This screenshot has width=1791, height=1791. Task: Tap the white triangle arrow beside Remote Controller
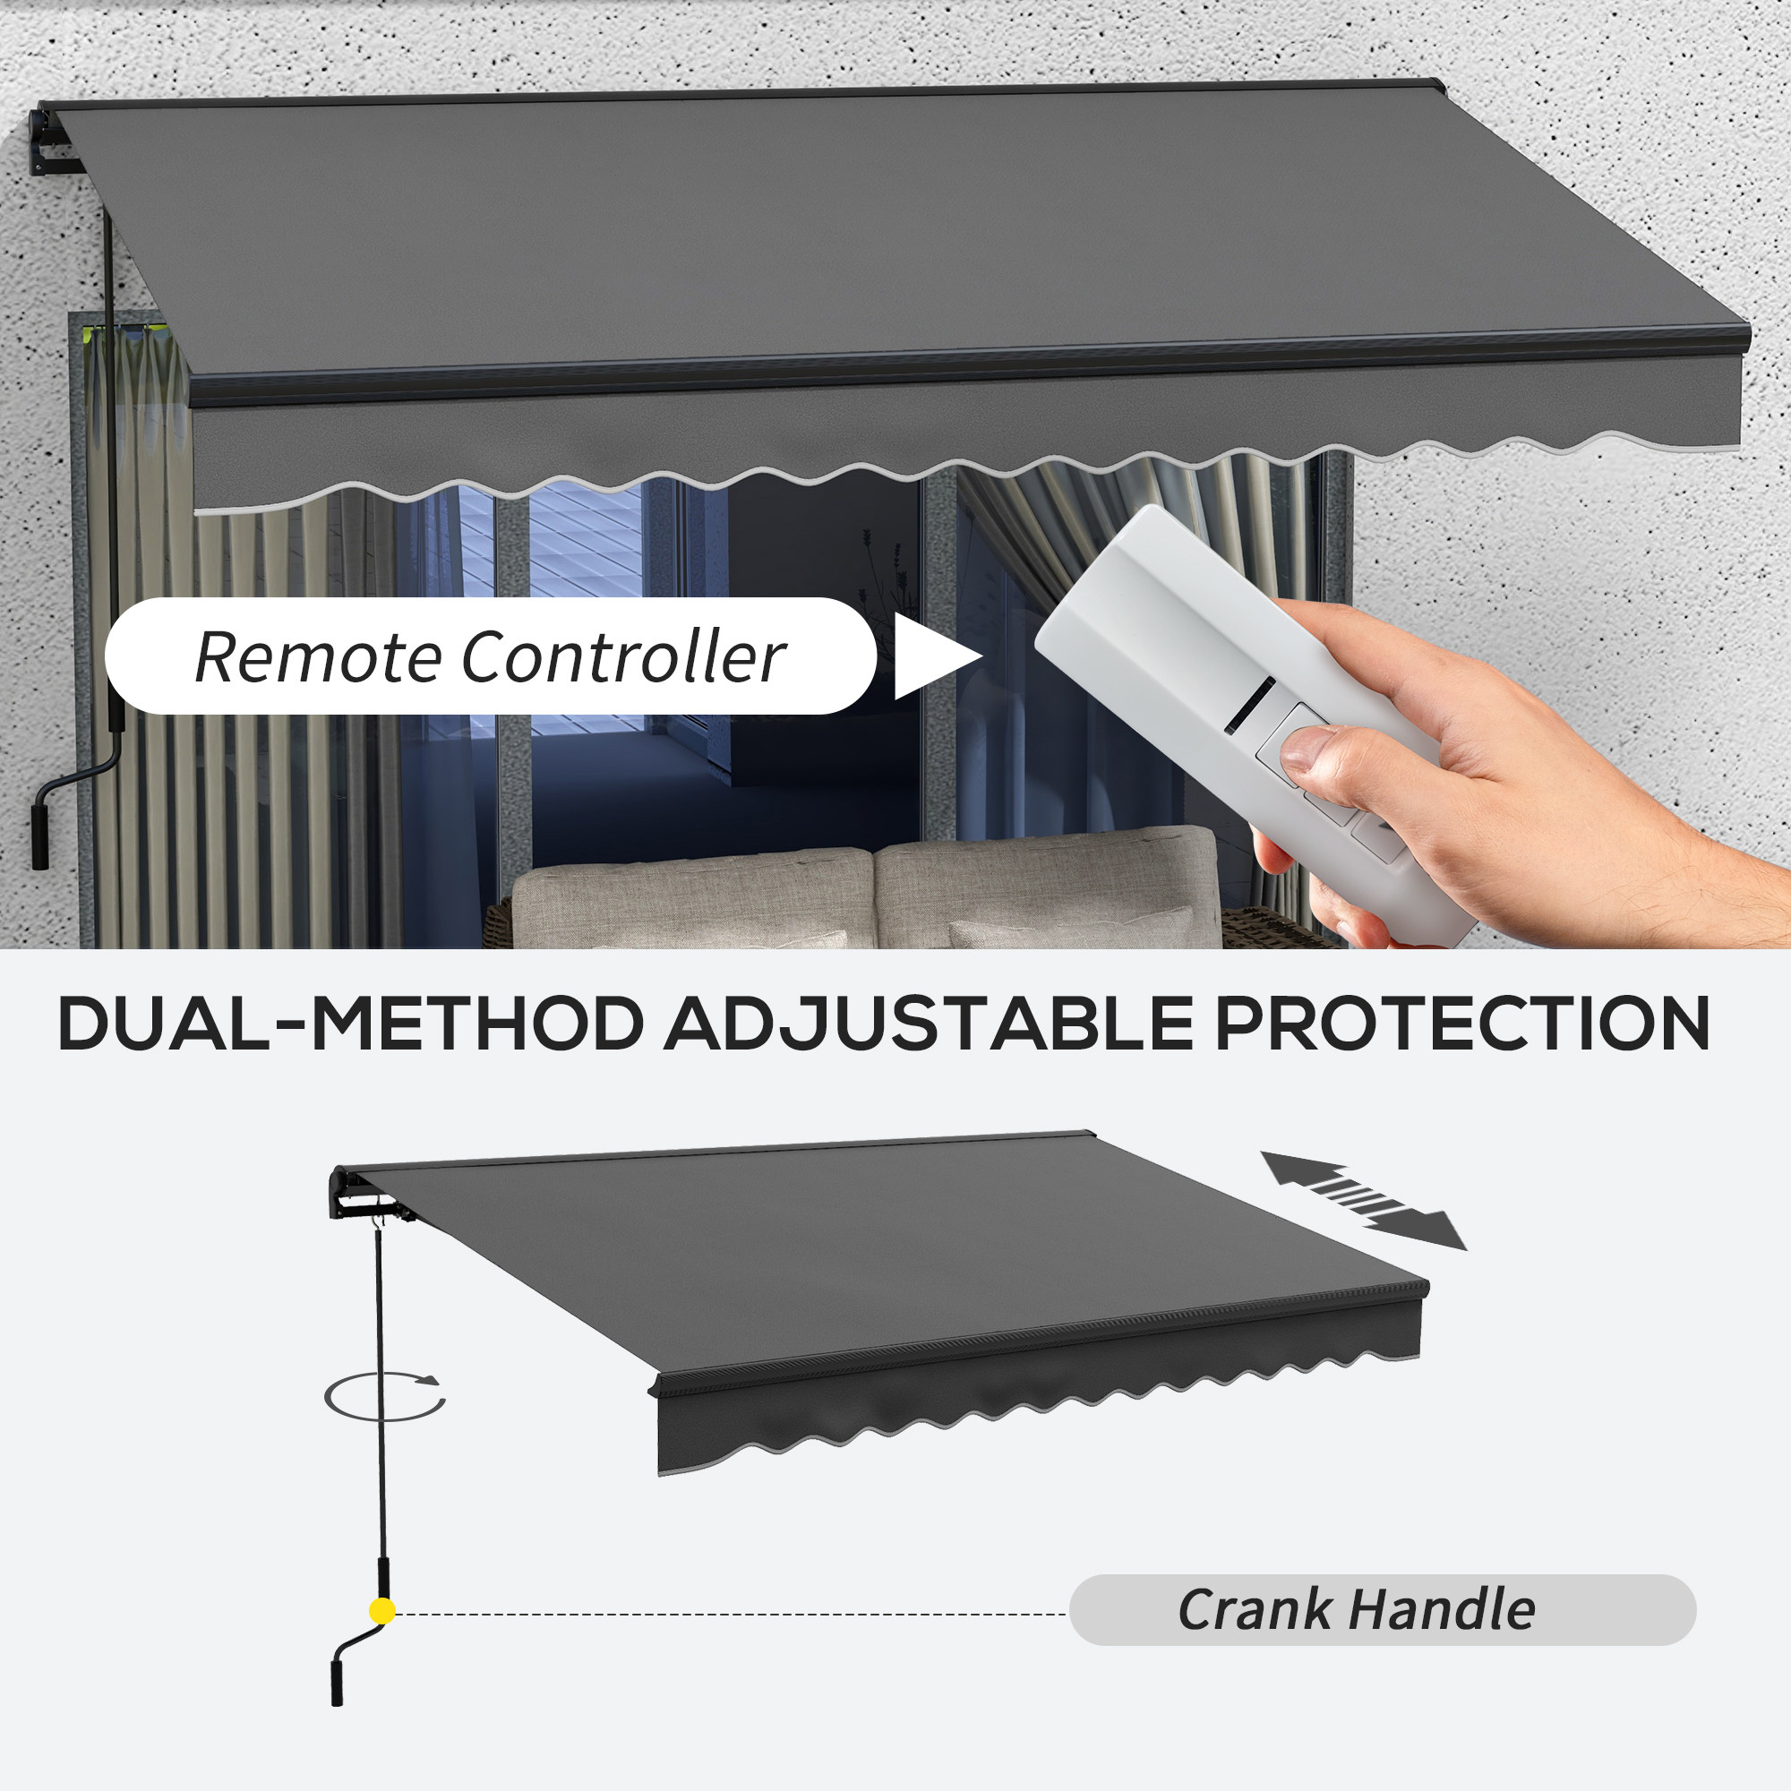tap(937, 656)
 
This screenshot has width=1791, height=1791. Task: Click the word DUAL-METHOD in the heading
tap(350, 1024)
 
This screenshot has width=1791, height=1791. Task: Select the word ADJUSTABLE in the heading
tap(928, 1025)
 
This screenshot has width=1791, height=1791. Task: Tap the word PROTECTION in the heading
tap(1462, 1024)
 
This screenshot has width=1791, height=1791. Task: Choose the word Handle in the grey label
tap(1443, 1609)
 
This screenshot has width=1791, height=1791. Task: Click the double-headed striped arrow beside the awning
tap(1363, 1201)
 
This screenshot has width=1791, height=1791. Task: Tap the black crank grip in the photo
tap(40, 836)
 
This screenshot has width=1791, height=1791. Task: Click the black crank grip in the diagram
tap(338, 1682)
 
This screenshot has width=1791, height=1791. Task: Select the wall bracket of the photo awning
tap(53, 143)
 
